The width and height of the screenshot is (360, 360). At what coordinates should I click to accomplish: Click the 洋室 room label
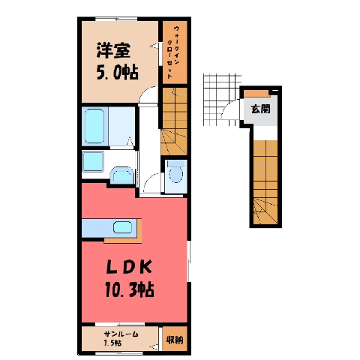tap(113, 51)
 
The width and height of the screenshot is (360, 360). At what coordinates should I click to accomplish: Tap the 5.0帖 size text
tap(117, 72)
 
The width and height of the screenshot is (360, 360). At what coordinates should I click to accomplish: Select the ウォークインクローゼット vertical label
tap(173, 52)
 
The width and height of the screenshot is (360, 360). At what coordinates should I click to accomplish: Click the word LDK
tap(129, 267)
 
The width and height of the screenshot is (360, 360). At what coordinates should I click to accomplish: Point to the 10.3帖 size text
tap(130, 289)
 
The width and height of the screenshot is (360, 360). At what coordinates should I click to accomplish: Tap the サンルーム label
tap(121, 334)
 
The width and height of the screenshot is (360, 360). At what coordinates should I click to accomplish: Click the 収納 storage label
tap(175, 340)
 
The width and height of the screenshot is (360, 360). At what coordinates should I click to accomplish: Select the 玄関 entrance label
tap(261, 109)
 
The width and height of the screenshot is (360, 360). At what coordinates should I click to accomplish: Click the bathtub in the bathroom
tap(94, 126)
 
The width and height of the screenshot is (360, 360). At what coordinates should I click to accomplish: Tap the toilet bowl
tap(175, 172)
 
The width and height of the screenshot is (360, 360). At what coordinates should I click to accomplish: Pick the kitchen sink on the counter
tap(122, 227)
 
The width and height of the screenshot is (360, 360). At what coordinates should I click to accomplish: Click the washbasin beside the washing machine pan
tap(121, 175)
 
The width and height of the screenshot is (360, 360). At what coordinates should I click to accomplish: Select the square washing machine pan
tap(93, 161)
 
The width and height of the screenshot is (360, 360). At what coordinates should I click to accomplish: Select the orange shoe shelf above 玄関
tap(257, 93)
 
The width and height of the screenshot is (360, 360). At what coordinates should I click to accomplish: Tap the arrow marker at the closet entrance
tap(154, 46)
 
